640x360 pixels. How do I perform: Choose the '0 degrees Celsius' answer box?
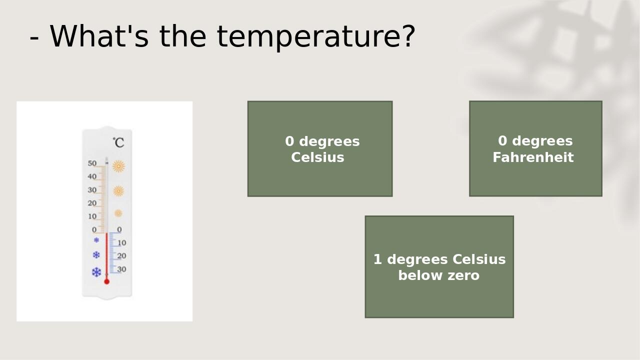click(320, 148)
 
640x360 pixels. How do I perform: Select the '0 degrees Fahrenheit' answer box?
click(535, 148)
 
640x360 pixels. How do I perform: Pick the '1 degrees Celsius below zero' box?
click(439, 266)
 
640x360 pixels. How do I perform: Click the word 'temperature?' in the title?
click(316, 36)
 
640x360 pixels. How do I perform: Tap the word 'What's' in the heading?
click(99, 36)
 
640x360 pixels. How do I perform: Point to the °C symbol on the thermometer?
click(118, 142)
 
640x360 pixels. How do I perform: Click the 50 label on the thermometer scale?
click(92, 163)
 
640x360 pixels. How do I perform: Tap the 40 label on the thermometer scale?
click(92, 176)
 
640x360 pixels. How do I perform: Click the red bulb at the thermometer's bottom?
click(106, 281)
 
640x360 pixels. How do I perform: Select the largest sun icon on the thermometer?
click(118, 166)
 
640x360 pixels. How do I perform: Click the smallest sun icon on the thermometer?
click(118, 213)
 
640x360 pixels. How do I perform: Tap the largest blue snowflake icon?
click(96, 272)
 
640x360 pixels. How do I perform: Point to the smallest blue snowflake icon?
click(96, 240)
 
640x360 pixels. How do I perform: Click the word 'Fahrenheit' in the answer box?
click(533, 157)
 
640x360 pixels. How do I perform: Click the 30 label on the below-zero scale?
click(121, 269)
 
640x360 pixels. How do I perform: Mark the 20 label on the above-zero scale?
click(92, 203)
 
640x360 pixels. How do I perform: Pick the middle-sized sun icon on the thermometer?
click(118, 190)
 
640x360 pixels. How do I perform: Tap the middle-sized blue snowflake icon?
click(96, 255)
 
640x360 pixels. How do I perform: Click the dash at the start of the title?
click(34, 37)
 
